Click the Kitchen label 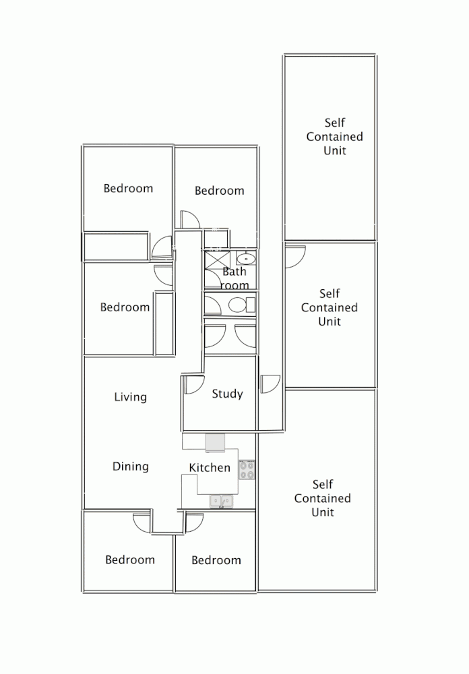209,467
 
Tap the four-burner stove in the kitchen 247,469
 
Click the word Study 227,394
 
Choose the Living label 130,396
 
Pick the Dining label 130,466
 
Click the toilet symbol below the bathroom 237,305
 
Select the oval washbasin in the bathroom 246,258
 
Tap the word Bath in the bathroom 234,272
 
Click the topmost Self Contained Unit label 335,136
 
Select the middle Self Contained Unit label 330,307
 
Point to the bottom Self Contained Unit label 322,498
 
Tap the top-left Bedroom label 128,188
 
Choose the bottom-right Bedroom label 216,560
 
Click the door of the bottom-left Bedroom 142,522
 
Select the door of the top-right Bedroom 188,220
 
